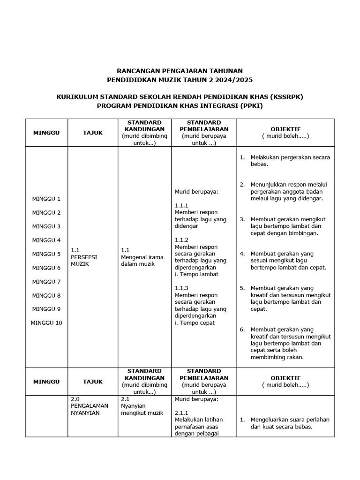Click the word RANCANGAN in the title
pos(136,70)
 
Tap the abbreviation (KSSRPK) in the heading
pos(287,97)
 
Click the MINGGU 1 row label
pos(46,199)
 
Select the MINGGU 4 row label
pos(46,240)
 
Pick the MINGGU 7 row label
pos(46,282)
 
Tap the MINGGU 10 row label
pos(46,323)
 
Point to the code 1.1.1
pos(181,205)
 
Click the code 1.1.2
pos(181,240)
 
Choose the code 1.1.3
pos(181,288)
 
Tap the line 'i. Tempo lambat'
pos(196,274)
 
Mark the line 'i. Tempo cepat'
pos(195,323)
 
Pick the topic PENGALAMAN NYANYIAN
pos(90,406)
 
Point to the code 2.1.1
pos(181,413)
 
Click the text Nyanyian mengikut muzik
pos(142,410)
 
